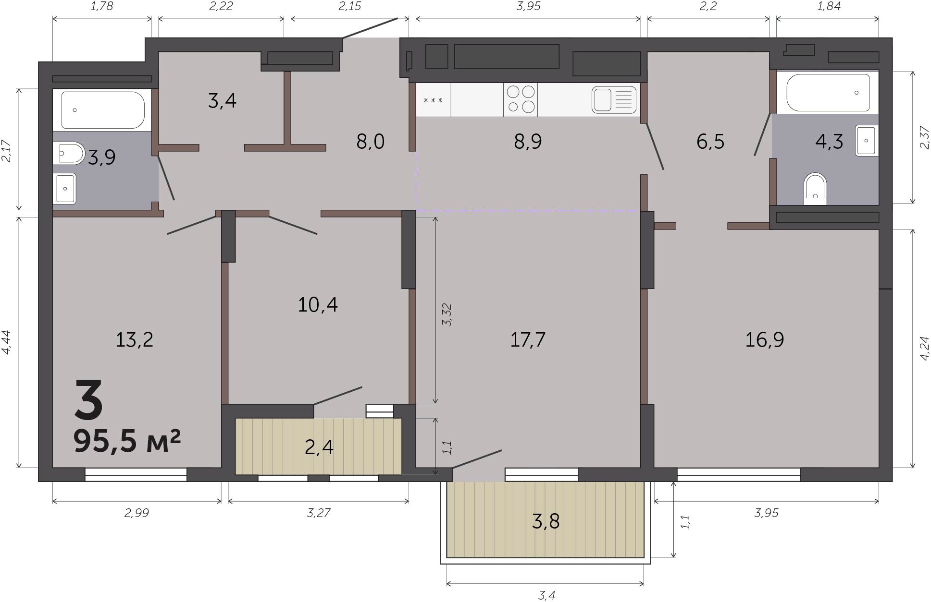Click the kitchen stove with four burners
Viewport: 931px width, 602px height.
[x=521, y=100]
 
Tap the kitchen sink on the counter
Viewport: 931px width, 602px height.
[x=614, y=100]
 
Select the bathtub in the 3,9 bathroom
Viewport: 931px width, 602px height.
[x=102, y=110]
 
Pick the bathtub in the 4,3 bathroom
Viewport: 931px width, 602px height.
[x=828, y=93]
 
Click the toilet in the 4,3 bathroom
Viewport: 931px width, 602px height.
[x=815, y=189]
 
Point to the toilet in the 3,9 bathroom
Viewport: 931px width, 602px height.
[x=69, y=153]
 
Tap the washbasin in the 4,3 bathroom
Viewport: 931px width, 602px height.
[x=867, y=140]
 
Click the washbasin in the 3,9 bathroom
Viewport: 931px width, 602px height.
[x=64, y=188]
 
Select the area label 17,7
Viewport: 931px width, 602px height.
[x=528, y=340]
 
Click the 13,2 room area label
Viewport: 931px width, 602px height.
[x=135, y=340]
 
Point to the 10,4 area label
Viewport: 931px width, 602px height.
[x=318, y=304]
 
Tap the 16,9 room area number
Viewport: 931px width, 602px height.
[x=764, y=340]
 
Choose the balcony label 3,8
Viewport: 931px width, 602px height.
[x=546, y=521]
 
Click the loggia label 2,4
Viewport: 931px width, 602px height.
[x=319, y=447]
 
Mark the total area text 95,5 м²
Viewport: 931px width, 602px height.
[x=127, y=441]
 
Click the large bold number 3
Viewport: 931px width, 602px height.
[x=89, y=398]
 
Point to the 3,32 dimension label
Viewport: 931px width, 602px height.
[x=447, y=315]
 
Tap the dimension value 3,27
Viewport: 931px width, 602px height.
[x=318, y=513]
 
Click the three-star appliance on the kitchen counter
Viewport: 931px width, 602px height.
[x=433, y=100]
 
